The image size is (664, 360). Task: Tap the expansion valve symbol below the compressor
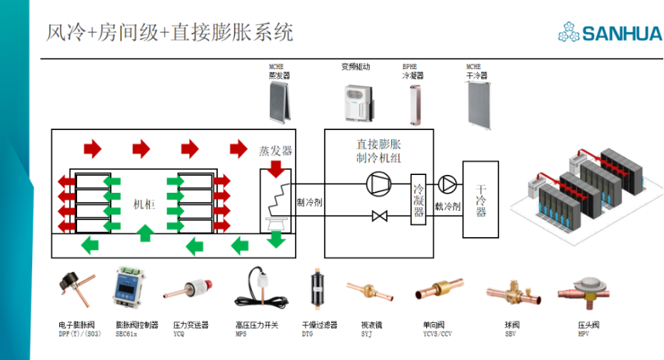tap(379, 215)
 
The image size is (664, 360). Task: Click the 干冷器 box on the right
tap(481, 199)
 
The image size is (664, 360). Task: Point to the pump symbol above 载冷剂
tap(447, 184)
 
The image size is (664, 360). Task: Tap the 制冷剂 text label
tap(310, 203)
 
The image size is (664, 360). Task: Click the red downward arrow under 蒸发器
tap(276, 169)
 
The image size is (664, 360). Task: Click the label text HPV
tap(583, 334)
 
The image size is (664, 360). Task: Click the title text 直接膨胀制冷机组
tap(378, 151)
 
